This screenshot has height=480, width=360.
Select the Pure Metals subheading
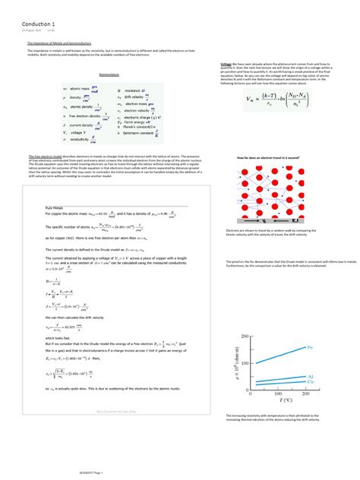(54, 207)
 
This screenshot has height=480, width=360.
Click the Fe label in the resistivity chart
(310, 347)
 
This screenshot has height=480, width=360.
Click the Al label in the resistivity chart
(311, 376)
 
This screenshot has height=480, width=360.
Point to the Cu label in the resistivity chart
(311, 382)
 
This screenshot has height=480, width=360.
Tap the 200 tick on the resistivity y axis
(244, 336)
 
